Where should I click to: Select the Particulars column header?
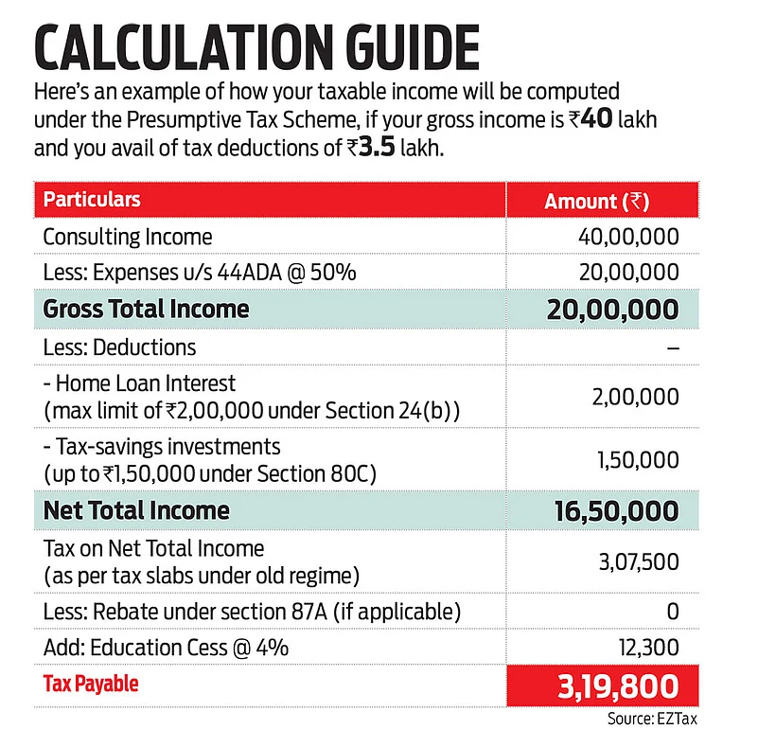pos(92,201)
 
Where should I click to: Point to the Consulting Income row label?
pos(128,237)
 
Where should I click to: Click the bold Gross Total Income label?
pos(147,309)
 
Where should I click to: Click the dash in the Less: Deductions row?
pos(672,347)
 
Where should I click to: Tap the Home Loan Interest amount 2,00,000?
pos(635,397)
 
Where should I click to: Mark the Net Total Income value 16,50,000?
pos(615,511)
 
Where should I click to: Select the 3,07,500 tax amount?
pos(636,562)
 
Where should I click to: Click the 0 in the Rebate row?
pos(672,612)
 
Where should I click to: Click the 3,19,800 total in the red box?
pos(616,685)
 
